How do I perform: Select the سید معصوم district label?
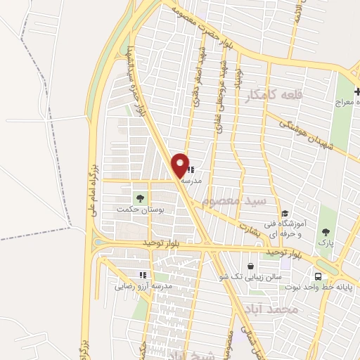click(x=235, y=201)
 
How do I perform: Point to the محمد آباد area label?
click(x=272, y=309)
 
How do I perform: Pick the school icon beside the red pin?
click(x=191, y=169)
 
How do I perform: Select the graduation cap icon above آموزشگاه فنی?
click(x=285, y=214)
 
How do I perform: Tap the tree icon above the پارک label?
click(x=325, y=231)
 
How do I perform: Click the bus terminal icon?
click(x=319, y=276)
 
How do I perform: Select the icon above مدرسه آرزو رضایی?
click(x=143, y=275)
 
